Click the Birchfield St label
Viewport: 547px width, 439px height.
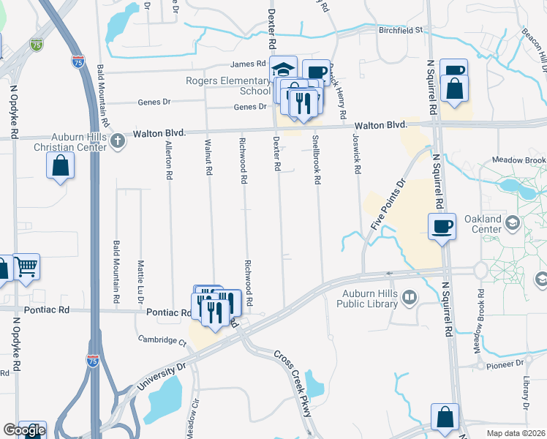click(x=399, y=30)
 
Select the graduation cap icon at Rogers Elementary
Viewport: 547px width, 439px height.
click(x=282, y=70)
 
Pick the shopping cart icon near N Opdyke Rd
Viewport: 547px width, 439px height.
click(x=26, y=267)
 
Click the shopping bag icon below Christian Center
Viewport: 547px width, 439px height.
click(x=61, y=165)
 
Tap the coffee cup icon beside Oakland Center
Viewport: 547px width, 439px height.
click(x=441, y=226)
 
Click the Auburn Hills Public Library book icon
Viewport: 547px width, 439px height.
click(x=410, y=297)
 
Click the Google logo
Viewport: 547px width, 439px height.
click(x=23, y=430)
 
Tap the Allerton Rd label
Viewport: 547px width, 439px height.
click(x=168, y=161)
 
